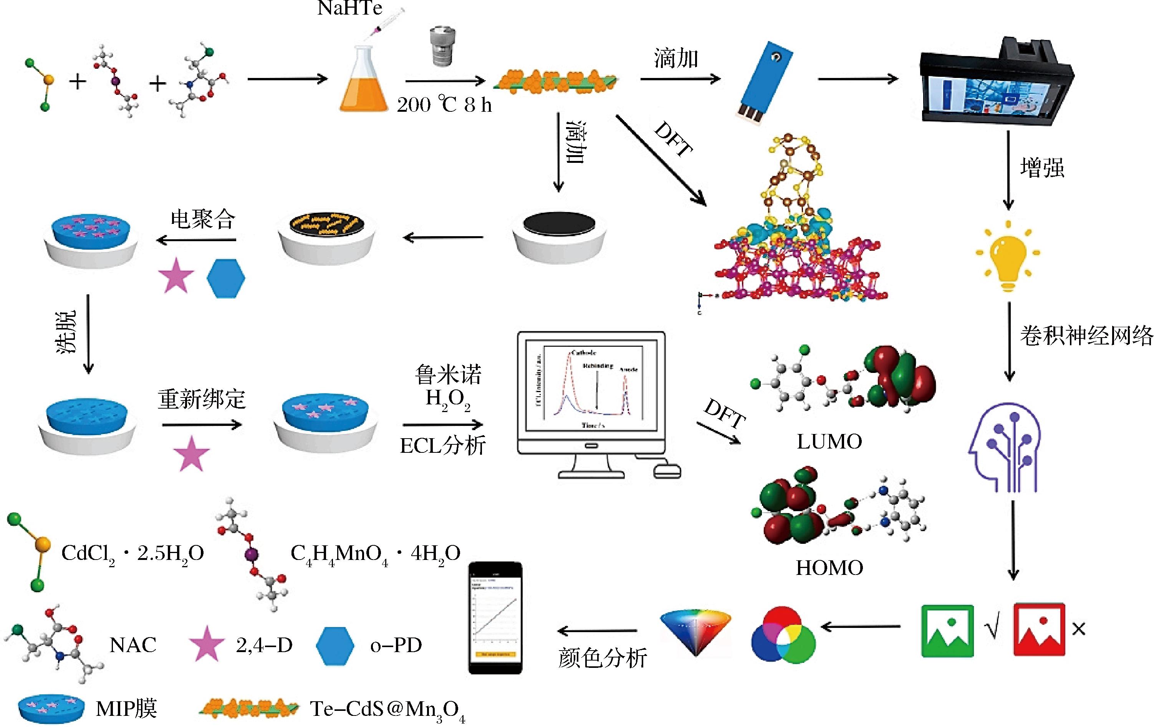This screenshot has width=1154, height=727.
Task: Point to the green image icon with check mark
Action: click(947, 630)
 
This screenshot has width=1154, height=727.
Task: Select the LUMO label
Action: click(829, 441)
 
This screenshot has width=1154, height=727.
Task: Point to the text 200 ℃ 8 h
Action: click(444, 104)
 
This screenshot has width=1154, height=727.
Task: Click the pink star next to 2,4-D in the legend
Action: click(206, 644)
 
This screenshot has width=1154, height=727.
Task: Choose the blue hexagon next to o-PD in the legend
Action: click(335, 646)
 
